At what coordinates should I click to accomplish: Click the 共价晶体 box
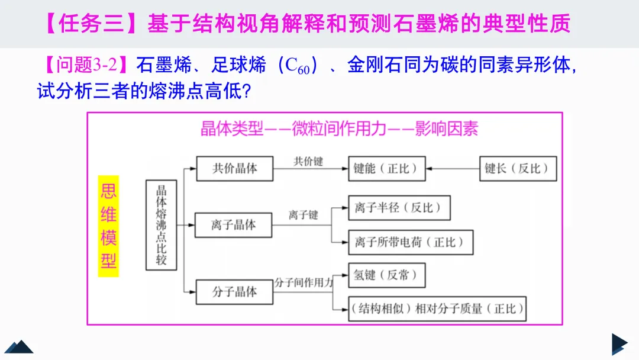[235, 168]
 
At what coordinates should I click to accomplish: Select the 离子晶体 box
[234, 225]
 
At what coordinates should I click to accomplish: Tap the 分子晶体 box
[235, 291]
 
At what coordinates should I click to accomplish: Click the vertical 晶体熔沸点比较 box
[161, 225]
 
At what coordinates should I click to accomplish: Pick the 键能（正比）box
[386, 168]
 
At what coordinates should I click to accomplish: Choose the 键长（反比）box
[517, 168]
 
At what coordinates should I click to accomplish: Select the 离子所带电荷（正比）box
[410, 242]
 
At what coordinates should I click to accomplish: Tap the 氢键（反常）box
[386, 275]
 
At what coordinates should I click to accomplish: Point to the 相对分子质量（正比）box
[437, 308]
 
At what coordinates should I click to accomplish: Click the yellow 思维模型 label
[108, 226]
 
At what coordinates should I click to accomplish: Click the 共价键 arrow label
[309, 161]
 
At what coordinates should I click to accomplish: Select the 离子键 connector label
[304, 214]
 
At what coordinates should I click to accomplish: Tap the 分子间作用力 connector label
[304, 283]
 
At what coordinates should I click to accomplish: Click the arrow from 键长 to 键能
[453, 169]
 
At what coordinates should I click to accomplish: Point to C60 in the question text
[296, 66]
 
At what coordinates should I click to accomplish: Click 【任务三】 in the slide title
[93, 24]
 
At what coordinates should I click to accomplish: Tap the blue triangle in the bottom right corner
[619, 344]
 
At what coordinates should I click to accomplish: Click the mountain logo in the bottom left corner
[18, 346]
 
